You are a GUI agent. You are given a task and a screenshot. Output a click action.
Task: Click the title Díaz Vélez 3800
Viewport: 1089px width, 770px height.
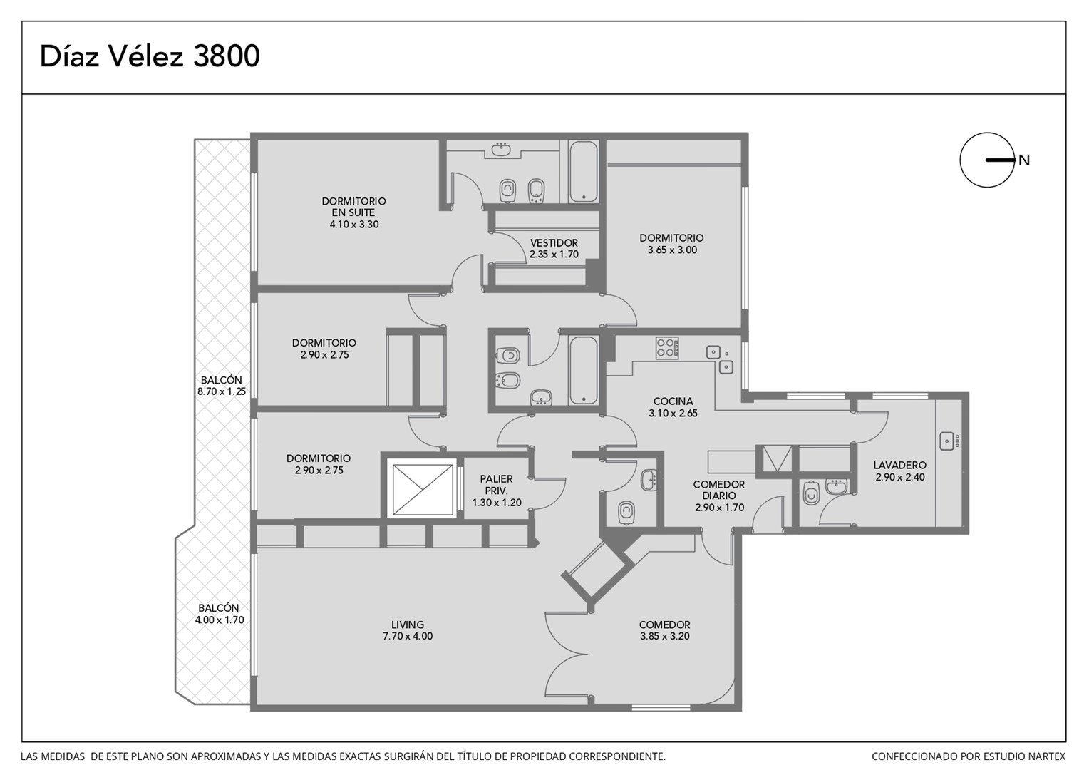tap(150, 56)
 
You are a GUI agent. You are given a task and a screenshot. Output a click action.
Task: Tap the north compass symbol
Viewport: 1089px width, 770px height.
tap(987, 160)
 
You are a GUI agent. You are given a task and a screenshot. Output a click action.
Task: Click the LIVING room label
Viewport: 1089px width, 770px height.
tap(408, 625)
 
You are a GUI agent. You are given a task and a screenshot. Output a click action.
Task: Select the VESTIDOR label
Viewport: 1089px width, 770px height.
tap(554, 242)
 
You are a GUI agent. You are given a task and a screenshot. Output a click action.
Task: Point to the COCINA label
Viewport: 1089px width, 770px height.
tap(673, 401)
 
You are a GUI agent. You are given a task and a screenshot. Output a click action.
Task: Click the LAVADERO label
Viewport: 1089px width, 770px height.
tap(900, 465)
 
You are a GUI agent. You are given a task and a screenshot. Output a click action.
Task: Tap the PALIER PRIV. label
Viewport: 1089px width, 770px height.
tap(496, 485)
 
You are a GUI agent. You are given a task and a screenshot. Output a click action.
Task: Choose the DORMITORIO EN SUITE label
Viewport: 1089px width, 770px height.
tap(353, 207)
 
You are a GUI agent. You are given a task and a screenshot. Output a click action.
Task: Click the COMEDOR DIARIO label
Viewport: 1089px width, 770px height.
tap(719, 490)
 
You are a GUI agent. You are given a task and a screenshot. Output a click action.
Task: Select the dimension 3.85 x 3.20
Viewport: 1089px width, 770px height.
tap(664, 636)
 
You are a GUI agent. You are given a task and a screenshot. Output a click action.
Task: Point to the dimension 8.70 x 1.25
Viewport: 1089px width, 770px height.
tap(221, 391)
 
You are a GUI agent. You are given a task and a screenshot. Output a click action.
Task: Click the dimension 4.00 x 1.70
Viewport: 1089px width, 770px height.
tap(220, 620)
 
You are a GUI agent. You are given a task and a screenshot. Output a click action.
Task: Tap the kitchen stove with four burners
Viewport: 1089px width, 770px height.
tap(667, 348)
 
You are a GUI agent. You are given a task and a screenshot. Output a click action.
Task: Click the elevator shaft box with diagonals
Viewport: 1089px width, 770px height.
tap(423, 490)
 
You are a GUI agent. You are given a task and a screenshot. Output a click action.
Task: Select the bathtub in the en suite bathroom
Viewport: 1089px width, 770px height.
tap(584, 171)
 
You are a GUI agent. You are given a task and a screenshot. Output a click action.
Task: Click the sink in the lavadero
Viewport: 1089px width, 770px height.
tap(947, 441)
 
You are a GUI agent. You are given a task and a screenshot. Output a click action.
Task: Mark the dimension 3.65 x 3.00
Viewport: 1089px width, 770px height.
tap(672, 250)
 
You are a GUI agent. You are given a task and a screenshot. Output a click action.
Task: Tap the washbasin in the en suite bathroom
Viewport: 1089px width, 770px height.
tap(501, 149)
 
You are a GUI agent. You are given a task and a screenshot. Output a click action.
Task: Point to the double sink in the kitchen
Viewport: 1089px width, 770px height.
tap(720, 359)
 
